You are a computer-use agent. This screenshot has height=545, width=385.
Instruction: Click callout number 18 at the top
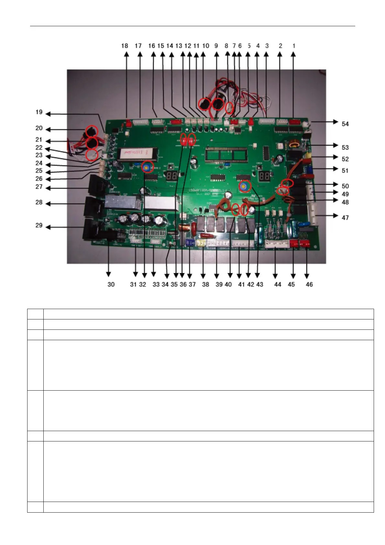point(125,46)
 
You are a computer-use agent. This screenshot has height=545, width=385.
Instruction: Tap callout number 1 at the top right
point(294,46)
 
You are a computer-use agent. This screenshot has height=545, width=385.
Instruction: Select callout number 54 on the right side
point(345,124)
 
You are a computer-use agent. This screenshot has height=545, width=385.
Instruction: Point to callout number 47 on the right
point(345,218)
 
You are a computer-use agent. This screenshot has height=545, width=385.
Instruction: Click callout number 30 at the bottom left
point(111,284)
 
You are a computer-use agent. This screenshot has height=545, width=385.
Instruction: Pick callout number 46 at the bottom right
point(309,284)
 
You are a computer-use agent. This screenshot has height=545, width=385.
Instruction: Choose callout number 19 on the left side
point(39,112)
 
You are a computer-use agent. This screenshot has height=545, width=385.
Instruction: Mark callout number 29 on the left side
point(39,225)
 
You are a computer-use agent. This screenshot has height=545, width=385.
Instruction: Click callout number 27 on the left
point(39,187)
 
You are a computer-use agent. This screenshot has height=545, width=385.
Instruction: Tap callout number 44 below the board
point(278,284)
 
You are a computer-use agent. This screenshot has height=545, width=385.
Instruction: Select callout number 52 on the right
point(345,159)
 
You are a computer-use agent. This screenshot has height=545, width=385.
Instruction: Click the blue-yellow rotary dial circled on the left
point(147,167)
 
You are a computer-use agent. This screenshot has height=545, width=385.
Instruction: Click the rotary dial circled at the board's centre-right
point(245,186)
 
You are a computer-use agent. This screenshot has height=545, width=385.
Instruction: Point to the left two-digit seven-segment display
point(171,176)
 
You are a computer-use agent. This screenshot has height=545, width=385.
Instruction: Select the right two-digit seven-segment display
point(265,176)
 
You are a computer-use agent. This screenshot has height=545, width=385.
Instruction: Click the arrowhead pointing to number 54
point(336,122)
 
